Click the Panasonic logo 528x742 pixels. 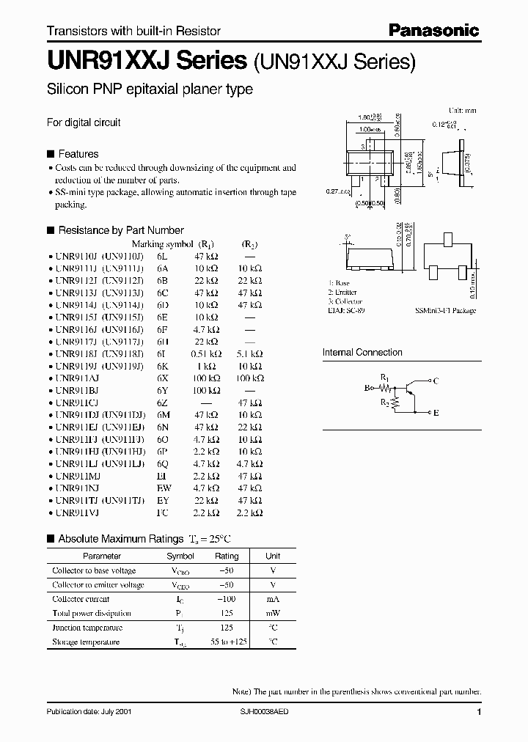pos(434,30)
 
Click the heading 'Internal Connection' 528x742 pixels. pos(362,353)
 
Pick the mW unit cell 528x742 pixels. pos(272,613)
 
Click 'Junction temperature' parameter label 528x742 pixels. pos(87,628)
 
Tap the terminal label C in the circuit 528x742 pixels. pos(436,381)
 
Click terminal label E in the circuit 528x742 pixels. pos(436,413)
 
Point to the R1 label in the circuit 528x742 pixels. pos(384,376)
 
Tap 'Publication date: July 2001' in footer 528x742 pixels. pos(89,712)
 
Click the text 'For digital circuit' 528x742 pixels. pos(84,122)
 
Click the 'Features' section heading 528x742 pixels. pos(78,154)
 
